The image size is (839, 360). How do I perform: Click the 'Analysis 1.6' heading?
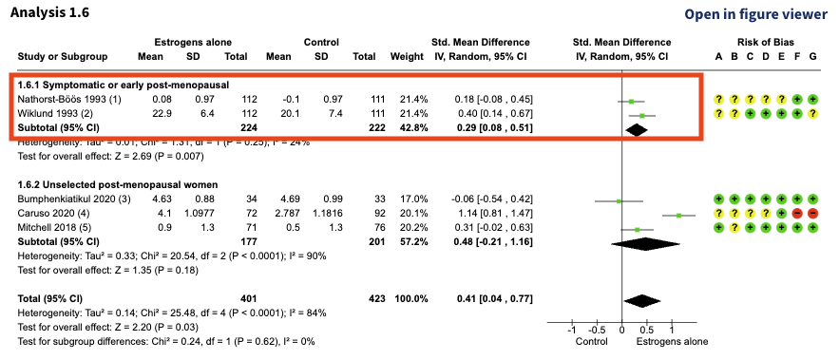click(47, 13)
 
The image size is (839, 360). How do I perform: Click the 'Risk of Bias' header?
click(766, 43)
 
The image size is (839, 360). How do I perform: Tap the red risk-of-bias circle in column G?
click(812, 215)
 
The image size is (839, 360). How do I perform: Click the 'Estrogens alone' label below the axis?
click(673, 341)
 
